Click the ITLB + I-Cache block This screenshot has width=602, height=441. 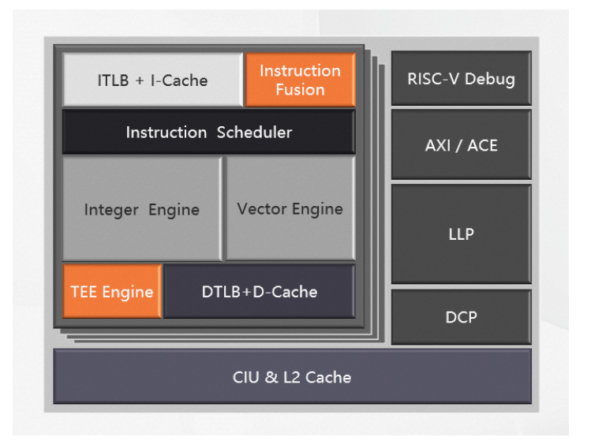pos(152,80)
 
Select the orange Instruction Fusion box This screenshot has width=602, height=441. pos(300,80)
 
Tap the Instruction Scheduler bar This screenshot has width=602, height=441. pos(208,132)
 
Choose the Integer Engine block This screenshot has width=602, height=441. pos(142,209)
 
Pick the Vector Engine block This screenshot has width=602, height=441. pos(290,208)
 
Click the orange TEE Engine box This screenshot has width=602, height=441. pos(112,291)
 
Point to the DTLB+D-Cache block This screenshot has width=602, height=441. pos(259,291)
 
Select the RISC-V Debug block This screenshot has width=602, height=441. pos(461,78)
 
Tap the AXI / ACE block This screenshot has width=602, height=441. pos(461,144)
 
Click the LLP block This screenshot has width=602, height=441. pos(461,234)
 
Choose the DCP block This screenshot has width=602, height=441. pos(461,317)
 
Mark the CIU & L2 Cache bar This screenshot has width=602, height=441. pos(292,376)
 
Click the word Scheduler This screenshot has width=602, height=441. pos(253,132)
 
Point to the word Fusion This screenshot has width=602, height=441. pos(300,90)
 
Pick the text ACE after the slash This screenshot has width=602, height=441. pos(482,144)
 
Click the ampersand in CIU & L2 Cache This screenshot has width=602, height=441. pos(271,377)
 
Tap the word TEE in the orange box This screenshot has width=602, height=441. pos(84,292)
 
